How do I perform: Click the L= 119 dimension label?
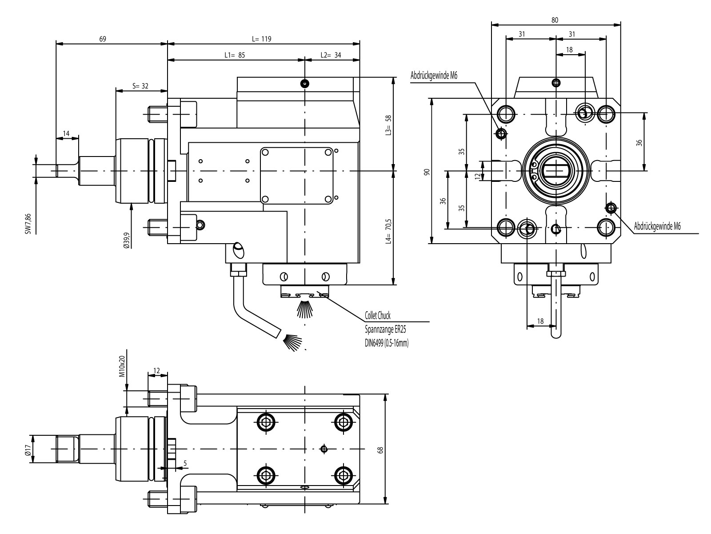261,39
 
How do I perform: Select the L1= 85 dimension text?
235,55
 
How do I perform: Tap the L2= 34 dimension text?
331,55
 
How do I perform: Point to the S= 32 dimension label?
140,86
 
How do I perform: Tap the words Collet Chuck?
377,316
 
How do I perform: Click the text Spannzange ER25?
385,329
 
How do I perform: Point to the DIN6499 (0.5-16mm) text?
386,343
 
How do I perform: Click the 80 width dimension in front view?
555,20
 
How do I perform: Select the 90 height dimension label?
427,172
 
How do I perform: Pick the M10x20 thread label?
122,366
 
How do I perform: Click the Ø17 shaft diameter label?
28,450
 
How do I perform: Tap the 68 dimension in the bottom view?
380,450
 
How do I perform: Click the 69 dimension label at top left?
103,39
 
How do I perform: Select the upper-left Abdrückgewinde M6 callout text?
434,76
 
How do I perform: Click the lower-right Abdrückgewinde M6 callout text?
657,226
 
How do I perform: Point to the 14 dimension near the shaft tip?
66,133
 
